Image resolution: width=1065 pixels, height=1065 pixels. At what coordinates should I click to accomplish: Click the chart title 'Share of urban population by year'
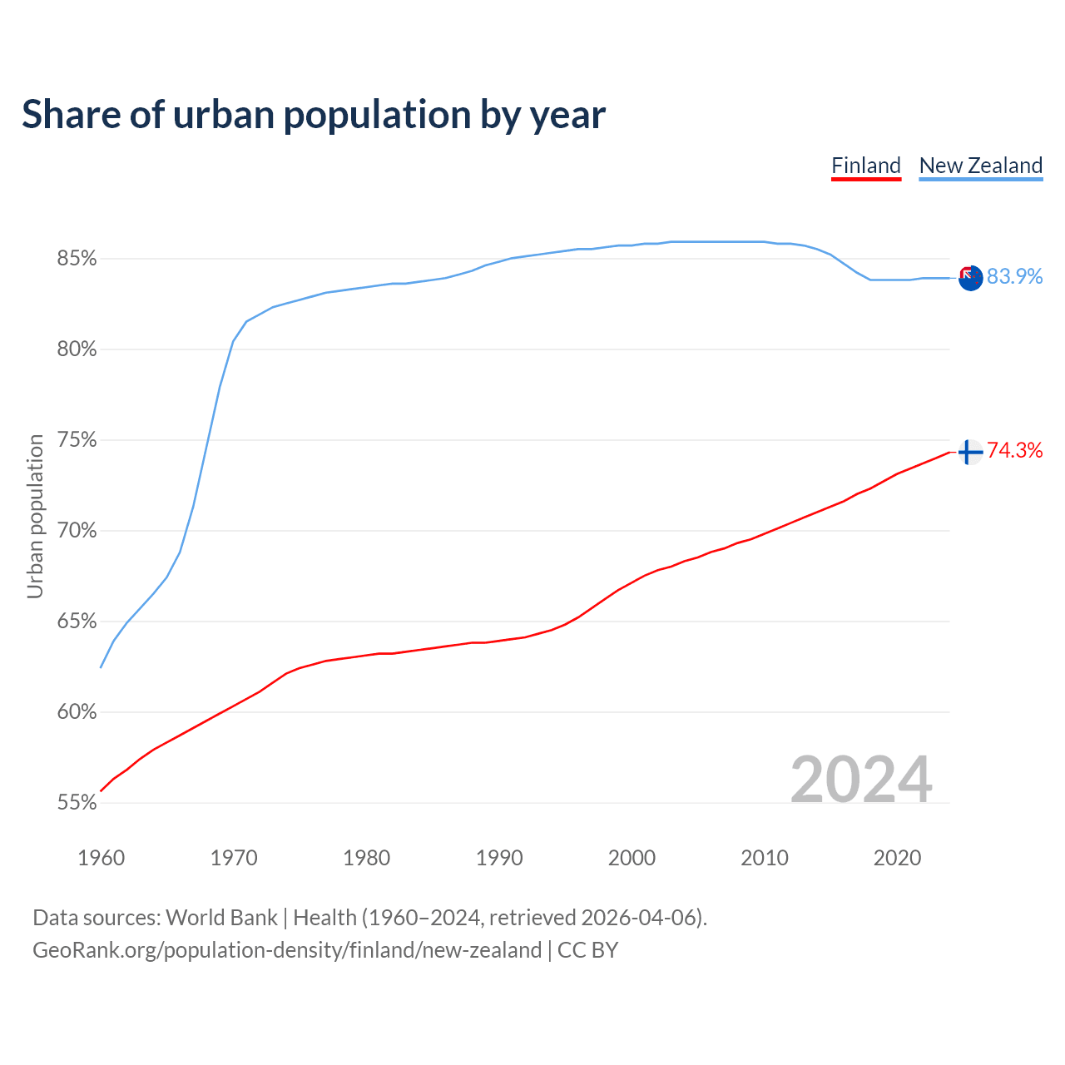tap(314, 115)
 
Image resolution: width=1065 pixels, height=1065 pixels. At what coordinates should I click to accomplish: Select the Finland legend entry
tap(866, 166)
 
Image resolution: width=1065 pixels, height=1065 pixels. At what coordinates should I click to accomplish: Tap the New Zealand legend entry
tap(981, 166)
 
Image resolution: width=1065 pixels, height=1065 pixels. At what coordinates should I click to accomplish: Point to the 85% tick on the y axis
tap(77, 259)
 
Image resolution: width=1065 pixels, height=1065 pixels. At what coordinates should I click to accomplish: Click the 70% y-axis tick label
tap(77, 531)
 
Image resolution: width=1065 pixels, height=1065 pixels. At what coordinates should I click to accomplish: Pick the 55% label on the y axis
tap(77, 803)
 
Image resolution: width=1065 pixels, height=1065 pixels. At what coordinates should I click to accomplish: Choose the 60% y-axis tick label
tap(77, 712)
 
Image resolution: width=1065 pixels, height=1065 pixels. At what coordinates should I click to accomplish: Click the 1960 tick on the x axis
tap(102, 858)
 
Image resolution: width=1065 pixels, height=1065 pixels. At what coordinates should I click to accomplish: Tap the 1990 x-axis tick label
tap(499, 858)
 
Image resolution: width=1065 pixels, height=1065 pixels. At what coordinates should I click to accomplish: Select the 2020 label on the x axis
tap(897, 858)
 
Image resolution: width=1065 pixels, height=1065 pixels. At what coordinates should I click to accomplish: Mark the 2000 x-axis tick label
tap(632, 858)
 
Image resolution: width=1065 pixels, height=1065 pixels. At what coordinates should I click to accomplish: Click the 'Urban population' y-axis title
tap(35, 516)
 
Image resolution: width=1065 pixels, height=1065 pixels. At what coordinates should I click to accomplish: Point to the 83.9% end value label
tap(1014, 277)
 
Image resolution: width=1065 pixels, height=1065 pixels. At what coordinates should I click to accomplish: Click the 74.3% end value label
tap(1014, 451)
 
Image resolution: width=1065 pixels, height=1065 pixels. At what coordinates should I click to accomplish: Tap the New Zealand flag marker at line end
tap(970, 278)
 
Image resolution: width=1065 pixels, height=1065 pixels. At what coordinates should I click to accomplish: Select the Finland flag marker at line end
tap(970, 452)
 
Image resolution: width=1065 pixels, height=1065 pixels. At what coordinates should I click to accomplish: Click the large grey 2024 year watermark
tap(861, 780)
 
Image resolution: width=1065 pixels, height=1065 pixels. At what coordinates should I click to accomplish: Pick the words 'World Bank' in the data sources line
tap(221, 918)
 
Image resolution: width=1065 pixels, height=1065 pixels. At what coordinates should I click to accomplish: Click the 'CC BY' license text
tap(587, 950)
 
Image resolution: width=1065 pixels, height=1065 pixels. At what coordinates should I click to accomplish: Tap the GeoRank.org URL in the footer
tap(287, 950)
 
